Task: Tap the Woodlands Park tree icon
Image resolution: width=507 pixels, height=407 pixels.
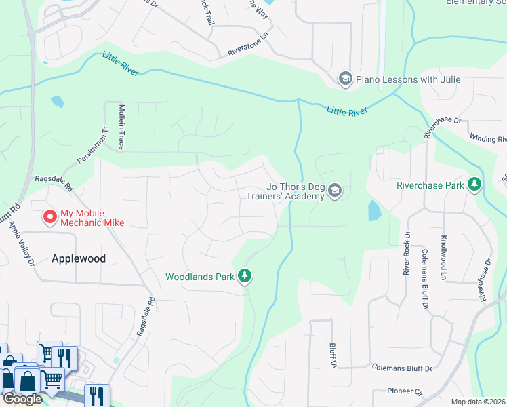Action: click(x=245, y=276)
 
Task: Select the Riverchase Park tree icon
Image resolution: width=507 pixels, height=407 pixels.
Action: click(x=475, y=185)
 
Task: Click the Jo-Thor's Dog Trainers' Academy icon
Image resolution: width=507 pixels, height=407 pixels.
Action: click(x=334, y=192)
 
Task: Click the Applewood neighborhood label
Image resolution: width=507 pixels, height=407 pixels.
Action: click(x=79, y=258)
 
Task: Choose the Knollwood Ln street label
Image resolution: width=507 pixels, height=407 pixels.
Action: click(x=444, y=258)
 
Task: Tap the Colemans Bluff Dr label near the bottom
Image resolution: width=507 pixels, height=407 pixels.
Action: click(x=402, y=368)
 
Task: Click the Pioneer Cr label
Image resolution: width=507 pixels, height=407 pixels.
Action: click(x=405, y=391)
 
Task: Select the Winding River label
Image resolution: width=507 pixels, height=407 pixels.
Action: click(x=487, y=138)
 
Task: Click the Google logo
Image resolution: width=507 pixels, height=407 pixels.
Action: click(x=22, y=399)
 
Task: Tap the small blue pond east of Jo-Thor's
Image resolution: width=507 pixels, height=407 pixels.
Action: click(x=373, y=211)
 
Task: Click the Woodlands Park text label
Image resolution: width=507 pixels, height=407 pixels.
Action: click(x=199, y=277)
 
